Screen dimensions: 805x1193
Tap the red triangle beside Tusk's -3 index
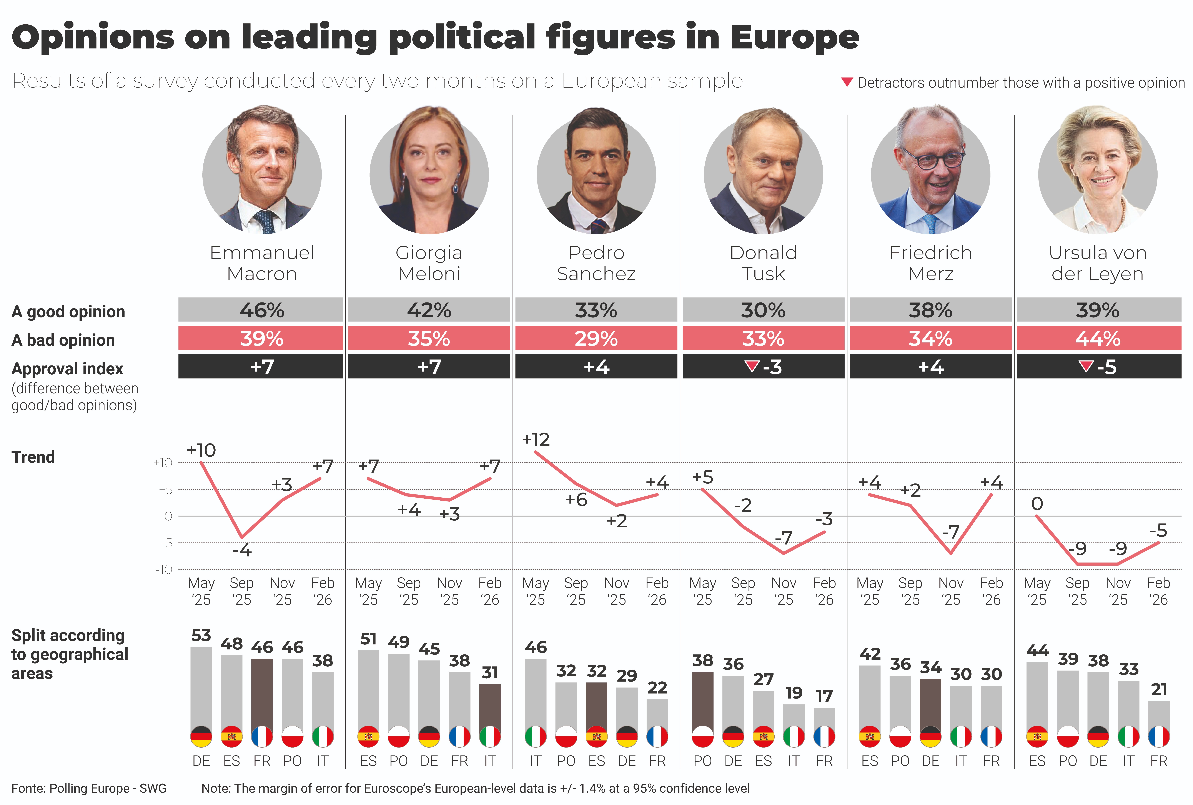[x=752, y=366]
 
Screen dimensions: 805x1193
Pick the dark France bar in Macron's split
[x=262, y=693]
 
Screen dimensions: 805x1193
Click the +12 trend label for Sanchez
[x=535, y=440]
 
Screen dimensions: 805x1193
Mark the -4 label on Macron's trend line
[x=242, y=551]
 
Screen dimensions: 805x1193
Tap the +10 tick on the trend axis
[x=163, y=463]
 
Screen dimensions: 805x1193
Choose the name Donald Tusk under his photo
[x=763, y=263]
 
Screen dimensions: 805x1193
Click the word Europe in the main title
[x=795, y=37]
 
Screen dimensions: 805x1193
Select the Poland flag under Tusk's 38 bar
[x=702, y=737]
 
